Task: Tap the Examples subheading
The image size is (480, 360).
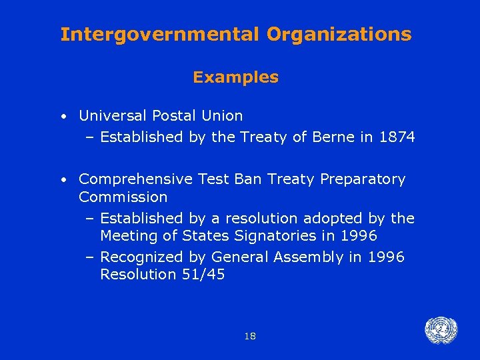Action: point(236,77)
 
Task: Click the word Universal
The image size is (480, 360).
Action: point(113,116)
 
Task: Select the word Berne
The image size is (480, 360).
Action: point(337,137)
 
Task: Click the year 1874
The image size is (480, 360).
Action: point(397,137)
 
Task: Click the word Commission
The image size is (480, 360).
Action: point(123,197)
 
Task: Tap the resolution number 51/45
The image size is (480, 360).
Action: point(203,275)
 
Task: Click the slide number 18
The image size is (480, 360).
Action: point(250,336)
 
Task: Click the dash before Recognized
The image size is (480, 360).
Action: point(90,257)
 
